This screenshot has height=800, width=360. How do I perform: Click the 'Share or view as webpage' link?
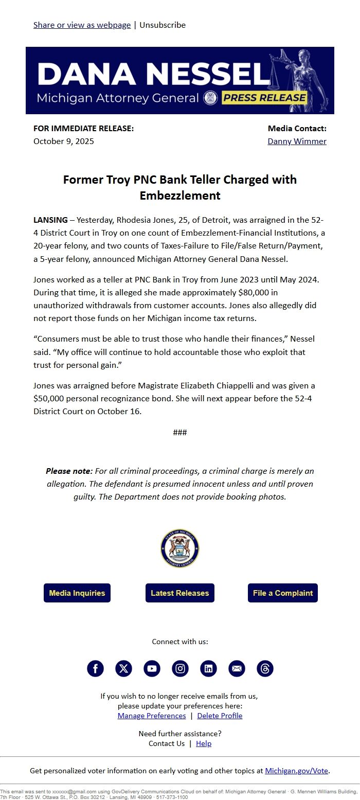[82, 25]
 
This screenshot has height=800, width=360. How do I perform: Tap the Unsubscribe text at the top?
[163, 25]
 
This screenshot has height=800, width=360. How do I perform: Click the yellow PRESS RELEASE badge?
[265, 98]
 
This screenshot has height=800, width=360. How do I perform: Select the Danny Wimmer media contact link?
[297, 141]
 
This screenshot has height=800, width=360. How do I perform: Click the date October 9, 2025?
[64, 141]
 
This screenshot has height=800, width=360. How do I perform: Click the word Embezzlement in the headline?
[180, 195]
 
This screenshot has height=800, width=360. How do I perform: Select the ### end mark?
[180, 432]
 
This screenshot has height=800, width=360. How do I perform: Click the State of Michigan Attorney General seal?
[180, 548]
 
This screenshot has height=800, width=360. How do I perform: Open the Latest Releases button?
[180, 593]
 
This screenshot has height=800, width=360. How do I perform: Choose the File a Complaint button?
[282, 593]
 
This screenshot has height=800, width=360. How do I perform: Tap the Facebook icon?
[95, 668]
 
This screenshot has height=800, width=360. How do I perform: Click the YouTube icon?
[152, 668]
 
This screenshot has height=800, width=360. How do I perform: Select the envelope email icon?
[237, 668]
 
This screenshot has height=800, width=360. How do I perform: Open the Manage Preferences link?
[152, 716]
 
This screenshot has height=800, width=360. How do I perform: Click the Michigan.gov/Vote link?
[296, 771]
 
